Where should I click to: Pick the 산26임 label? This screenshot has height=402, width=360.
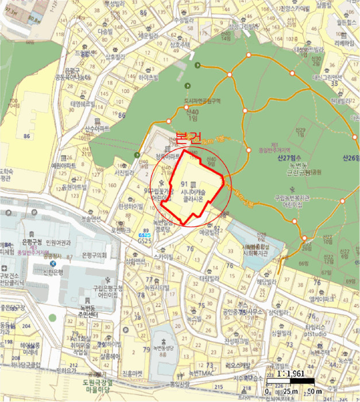349,158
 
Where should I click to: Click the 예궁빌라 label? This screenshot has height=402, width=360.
210,233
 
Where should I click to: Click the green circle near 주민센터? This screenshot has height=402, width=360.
53,317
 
